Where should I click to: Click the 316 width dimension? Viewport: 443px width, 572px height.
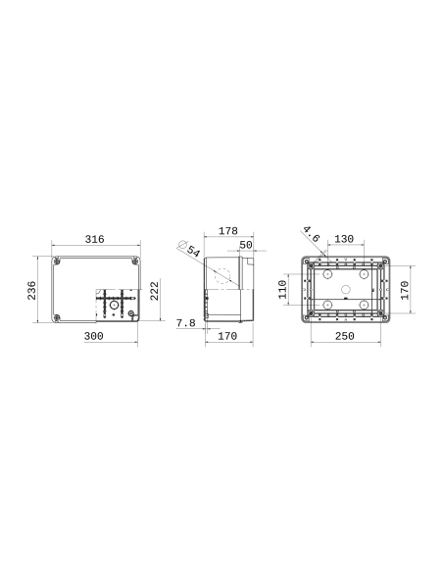(x=95, y=239)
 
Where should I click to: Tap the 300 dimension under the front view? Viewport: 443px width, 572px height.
(x=95, y=336)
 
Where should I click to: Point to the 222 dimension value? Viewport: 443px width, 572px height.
(x=155, y=291)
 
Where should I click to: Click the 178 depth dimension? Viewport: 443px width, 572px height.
(x=227, y=231)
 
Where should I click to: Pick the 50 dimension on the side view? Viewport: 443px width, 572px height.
(x=246, y=244)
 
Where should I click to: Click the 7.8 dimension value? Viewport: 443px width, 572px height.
(x=185, y=322)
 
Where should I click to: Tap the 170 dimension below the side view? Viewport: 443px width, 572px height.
(x=227, y=336)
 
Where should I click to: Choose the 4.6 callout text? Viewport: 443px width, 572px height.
(x=311, y=234)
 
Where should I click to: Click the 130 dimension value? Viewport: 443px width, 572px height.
(x=344, y=239)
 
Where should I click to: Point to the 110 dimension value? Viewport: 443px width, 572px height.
(x=283, y=290)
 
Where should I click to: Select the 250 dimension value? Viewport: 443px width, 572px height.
(x=344, y=336)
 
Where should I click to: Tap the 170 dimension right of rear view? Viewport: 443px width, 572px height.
(x=405, y=290)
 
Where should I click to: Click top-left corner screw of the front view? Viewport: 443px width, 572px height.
(x=57, y=262)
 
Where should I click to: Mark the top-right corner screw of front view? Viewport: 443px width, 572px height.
(x=134, y=262)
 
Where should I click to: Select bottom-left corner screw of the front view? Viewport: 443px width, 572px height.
(x=57, y=316)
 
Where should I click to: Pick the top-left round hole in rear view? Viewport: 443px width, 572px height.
(x=324, y=273)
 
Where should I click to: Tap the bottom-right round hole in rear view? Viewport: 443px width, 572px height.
(x=365, y=306)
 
